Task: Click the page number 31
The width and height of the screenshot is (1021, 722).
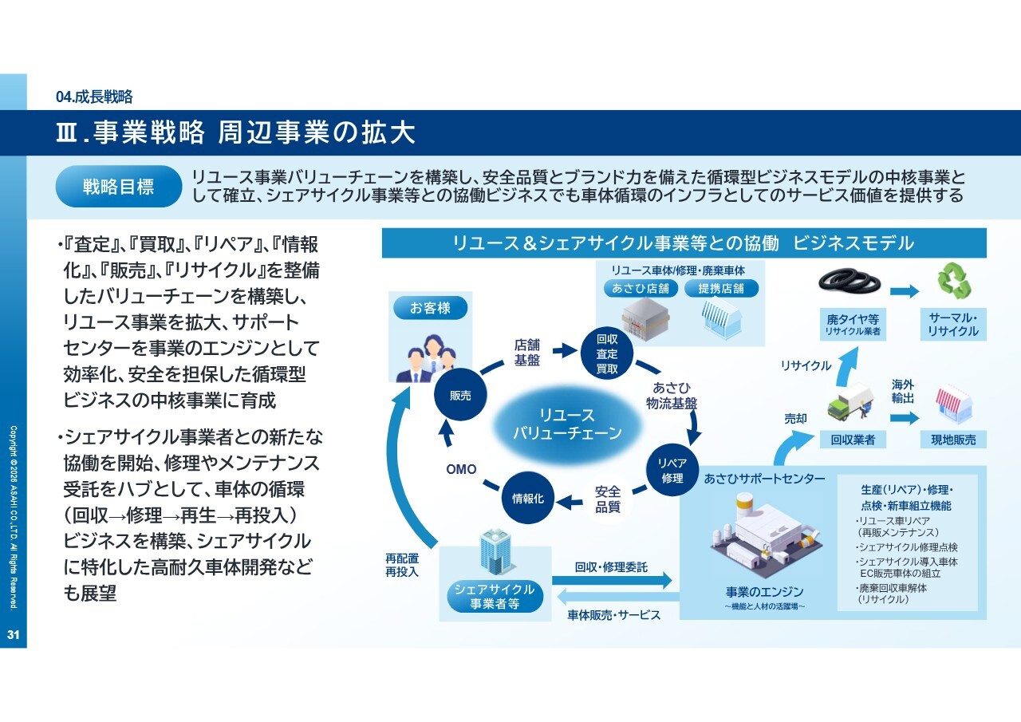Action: tap(13, 635)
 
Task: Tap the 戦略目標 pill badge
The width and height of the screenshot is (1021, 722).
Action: tap(119, 187)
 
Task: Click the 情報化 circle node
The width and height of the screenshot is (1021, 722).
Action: tap(527, 498)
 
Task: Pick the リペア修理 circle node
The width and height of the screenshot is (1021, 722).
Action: tap(672, 471)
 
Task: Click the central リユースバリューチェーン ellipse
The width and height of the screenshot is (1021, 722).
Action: tap(567, 424)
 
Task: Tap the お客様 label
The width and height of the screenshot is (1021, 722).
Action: tap(431, 308)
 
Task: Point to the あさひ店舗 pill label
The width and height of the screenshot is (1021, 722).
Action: tap(641, 288)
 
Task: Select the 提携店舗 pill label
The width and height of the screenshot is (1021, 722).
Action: tap(722, 288)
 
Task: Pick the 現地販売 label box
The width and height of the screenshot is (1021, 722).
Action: tap(953, 440)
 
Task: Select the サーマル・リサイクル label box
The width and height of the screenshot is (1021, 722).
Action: tap(953, 325)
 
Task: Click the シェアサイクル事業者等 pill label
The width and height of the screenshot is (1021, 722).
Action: tap(495, 597)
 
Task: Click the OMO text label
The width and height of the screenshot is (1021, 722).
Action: tap(461, 469)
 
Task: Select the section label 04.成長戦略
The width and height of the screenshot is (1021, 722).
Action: tap(94, 97)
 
